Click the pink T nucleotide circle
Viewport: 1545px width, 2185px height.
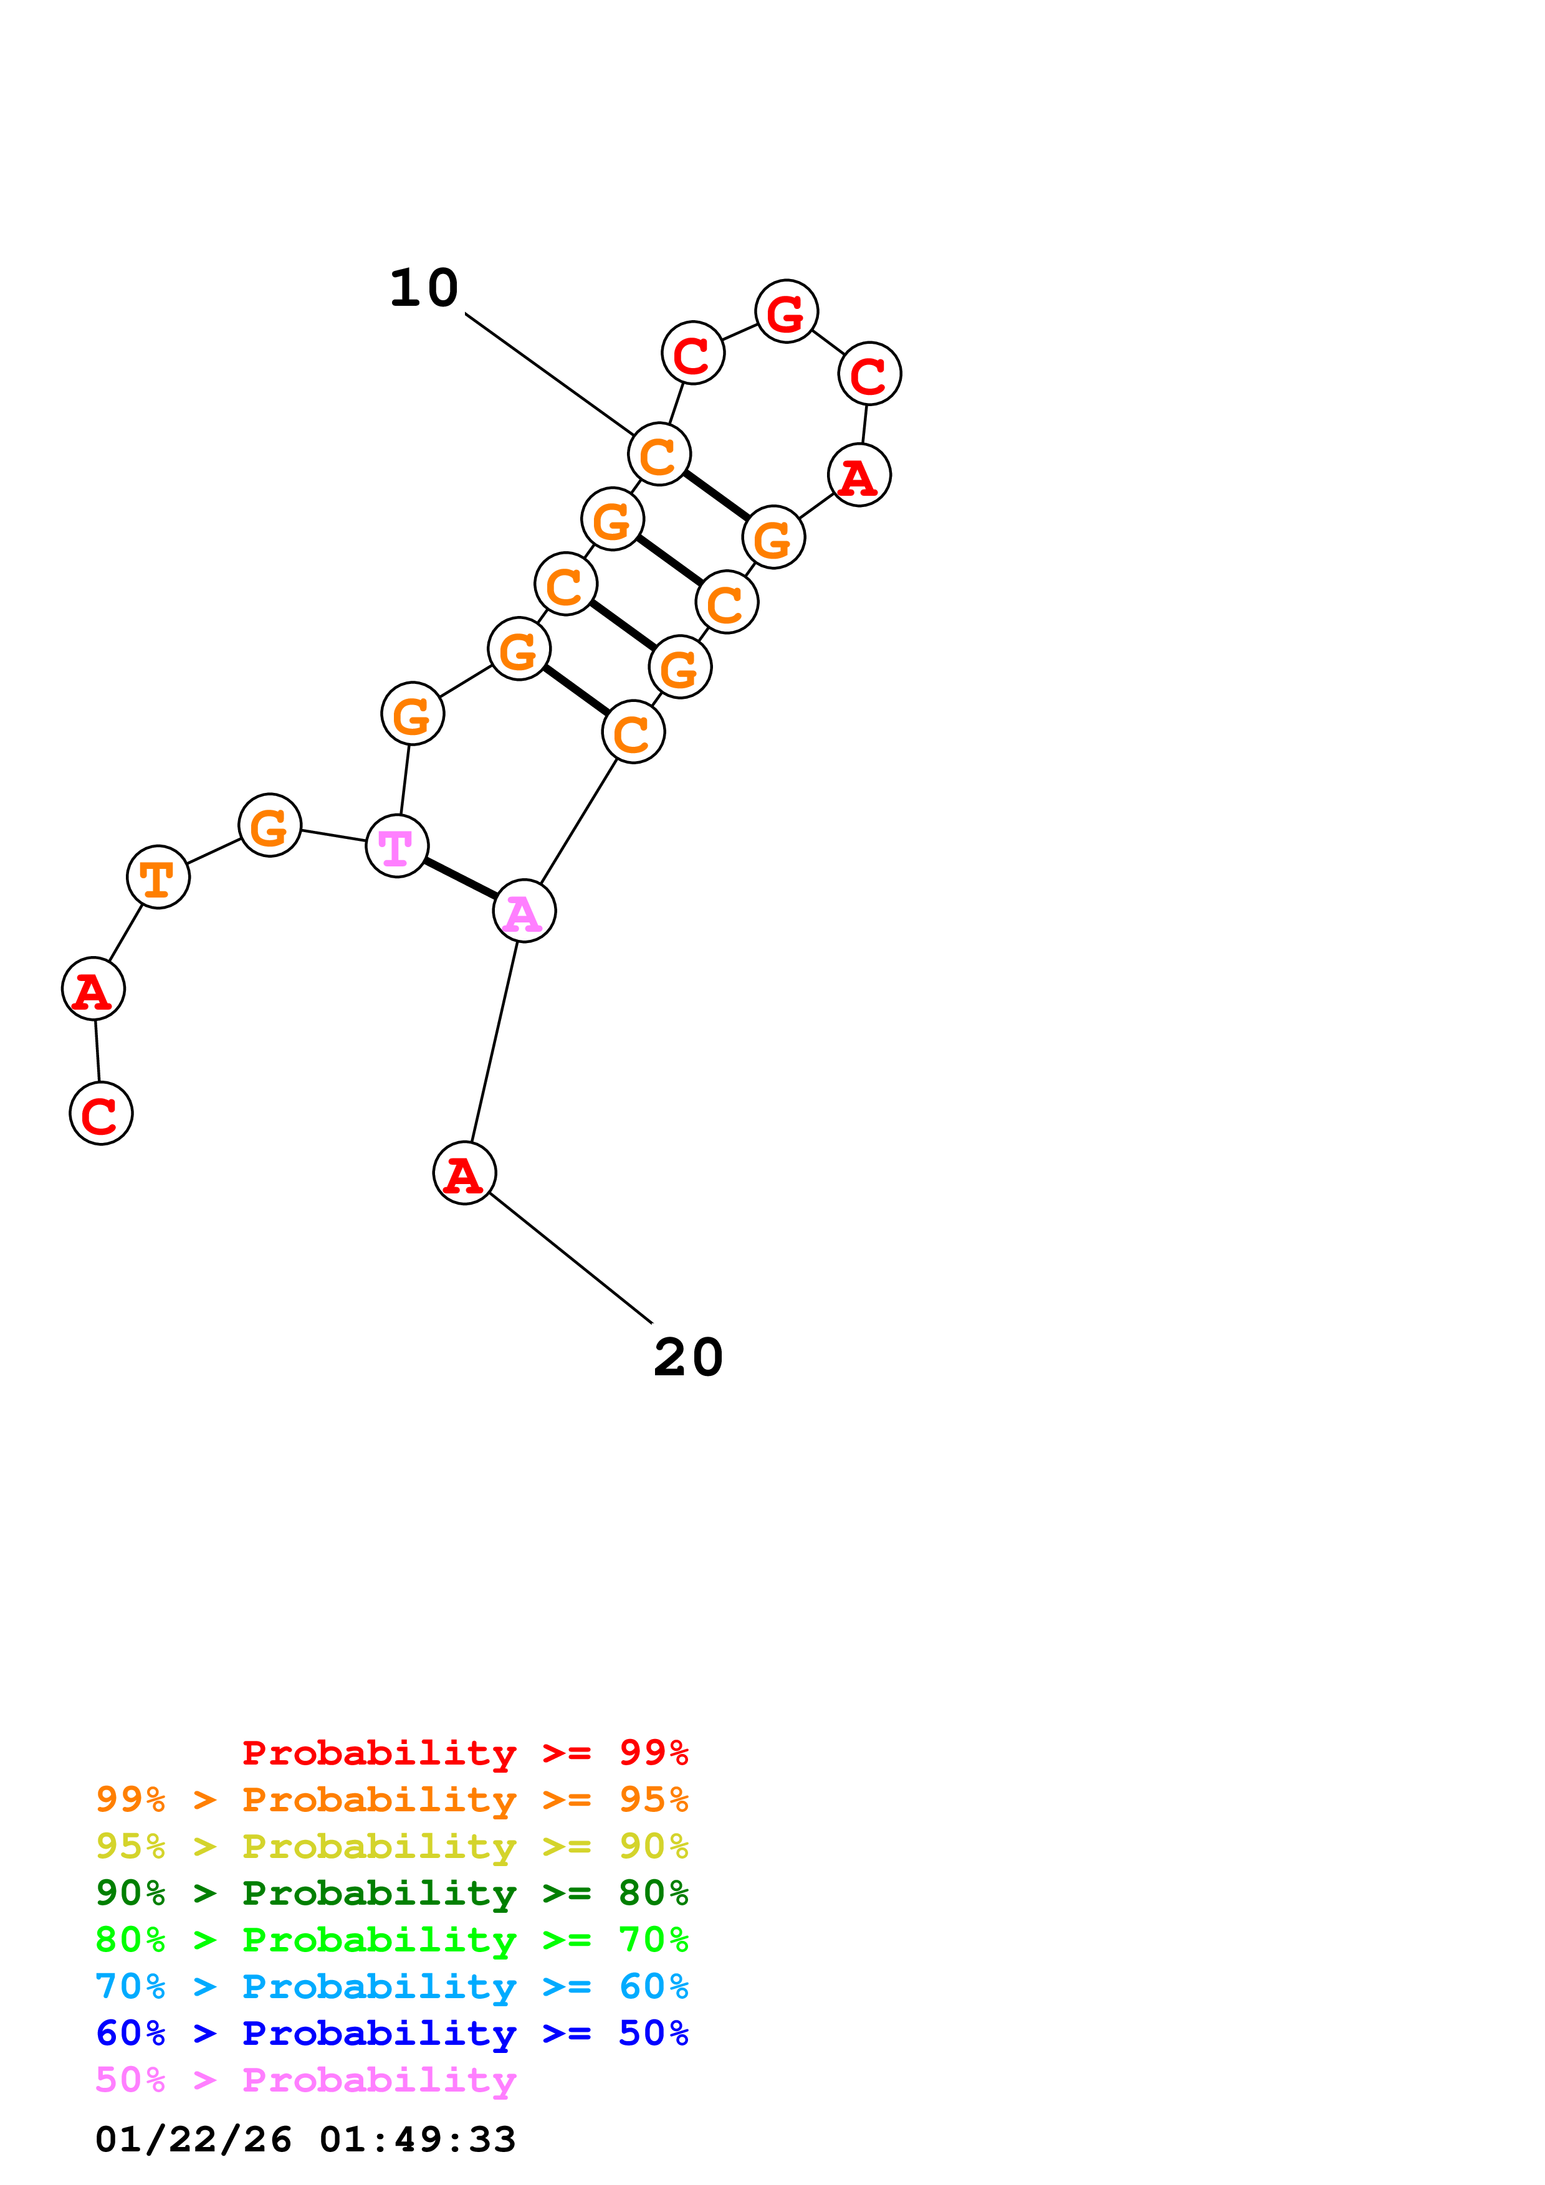(396, 845)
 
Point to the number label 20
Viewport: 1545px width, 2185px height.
(687, 1357)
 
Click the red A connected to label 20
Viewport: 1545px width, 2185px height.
(464, 1173)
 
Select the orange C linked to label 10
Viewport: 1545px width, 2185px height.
(659, 454)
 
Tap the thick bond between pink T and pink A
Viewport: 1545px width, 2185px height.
(460, 878)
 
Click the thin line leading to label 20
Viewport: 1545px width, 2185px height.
(571, 1258)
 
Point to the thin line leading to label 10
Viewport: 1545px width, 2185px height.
(548, 373)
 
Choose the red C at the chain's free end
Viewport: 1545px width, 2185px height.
(101, 1114)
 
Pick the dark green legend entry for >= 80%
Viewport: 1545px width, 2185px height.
(391, 1893)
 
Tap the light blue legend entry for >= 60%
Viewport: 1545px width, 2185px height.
(391, 1986)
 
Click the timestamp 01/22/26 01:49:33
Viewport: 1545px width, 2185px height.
(305, 2140)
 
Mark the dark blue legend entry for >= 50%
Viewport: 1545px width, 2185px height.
(391, 2033)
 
